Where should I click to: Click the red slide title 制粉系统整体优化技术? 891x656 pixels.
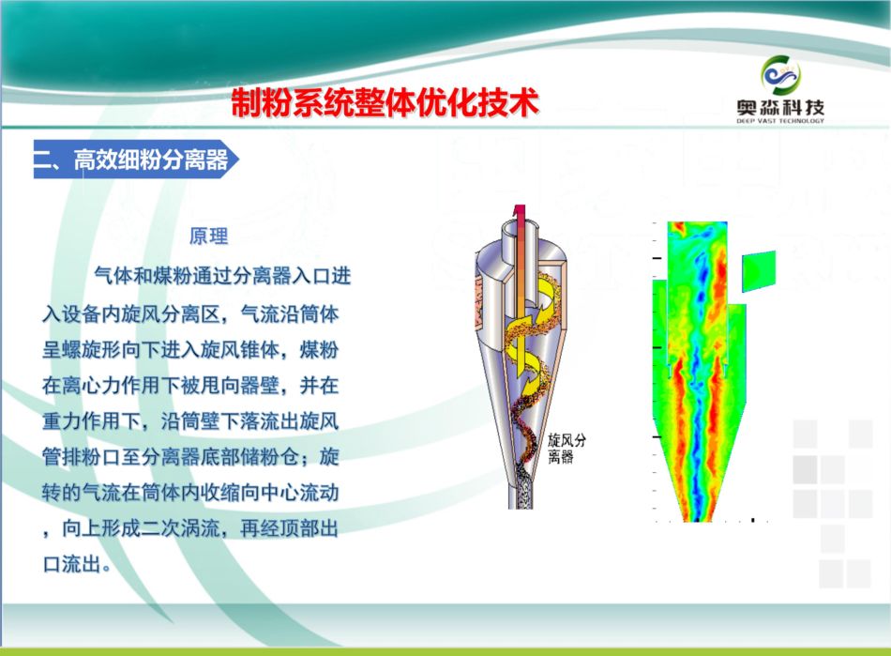[385, 103]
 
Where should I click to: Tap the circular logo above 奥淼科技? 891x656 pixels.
[780, 75]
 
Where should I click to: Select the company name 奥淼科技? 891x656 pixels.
[780, 107]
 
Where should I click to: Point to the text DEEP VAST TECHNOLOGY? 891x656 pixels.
[780, 120]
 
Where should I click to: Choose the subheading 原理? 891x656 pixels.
[208, 236]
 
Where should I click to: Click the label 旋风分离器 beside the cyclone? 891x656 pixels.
[566, 449]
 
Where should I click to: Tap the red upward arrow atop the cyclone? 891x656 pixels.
[518, 227]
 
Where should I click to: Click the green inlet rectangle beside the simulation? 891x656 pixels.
[759, 271]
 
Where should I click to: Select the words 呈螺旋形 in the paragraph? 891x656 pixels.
[82, 349]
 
